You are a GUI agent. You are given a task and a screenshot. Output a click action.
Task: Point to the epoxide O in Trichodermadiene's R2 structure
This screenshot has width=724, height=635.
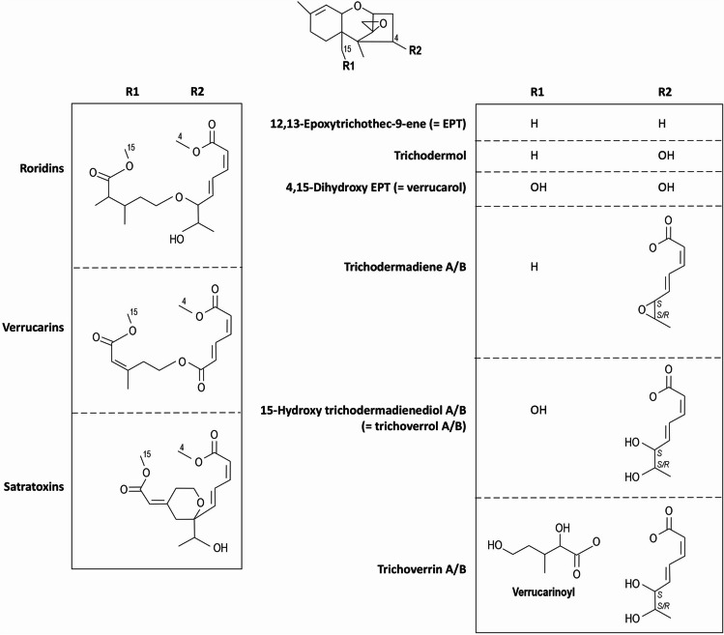click(x=624, y=307)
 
